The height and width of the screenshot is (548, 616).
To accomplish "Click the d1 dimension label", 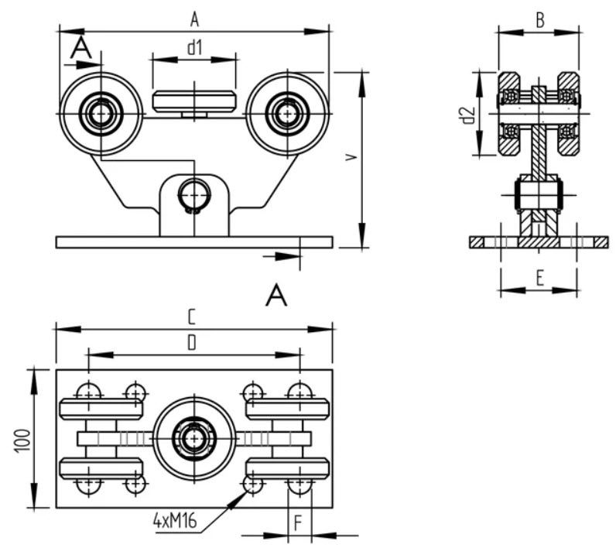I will pos(194,46).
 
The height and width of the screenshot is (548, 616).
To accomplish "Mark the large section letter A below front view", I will pos(276,294).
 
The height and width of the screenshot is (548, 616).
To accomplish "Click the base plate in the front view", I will pos(194,242).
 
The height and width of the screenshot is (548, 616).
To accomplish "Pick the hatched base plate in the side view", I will pos(539,242).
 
